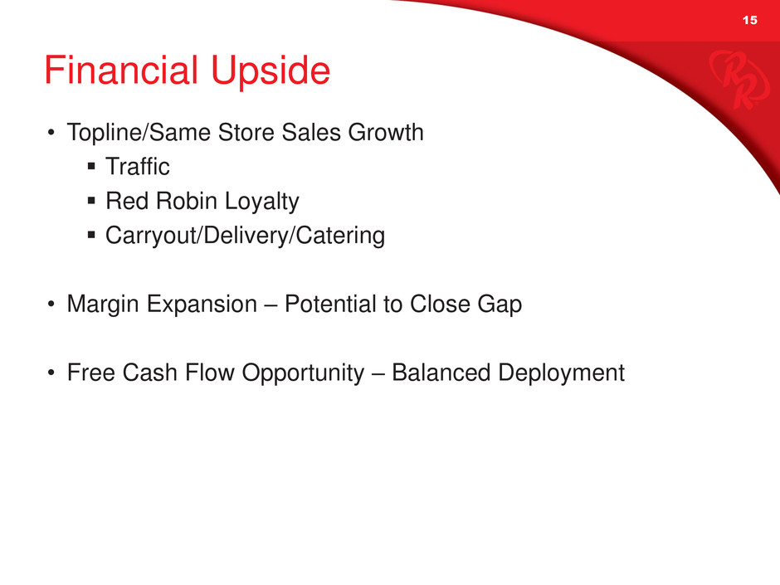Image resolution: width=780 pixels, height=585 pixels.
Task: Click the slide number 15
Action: click(749, 20)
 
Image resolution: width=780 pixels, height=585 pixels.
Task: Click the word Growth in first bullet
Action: click(386, 132)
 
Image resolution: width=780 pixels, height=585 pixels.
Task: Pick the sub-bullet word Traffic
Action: click(137, 166)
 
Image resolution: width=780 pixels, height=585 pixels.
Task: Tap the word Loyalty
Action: click(261, 202)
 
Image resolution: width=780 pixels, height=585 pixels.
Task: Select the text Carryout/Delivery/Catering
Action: click(246, 236)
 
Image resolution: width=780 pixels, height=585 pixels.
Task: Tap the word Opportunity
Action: click(303, 373)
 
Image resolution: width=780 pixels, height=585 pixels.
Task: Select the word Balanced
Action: click(441, 373)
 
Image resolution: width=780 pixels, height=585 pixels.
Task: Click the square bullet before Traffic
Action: click(91, 166)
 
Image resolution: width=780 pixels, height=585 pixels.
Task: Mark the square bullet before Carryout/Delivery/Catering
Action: click(91, 235)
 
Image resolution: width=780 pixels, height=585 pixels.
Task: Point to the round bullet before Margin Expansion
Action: click(51, 304)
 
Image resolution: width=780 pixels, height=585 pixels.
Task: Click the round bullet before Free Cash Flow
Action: click(51, 373)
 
